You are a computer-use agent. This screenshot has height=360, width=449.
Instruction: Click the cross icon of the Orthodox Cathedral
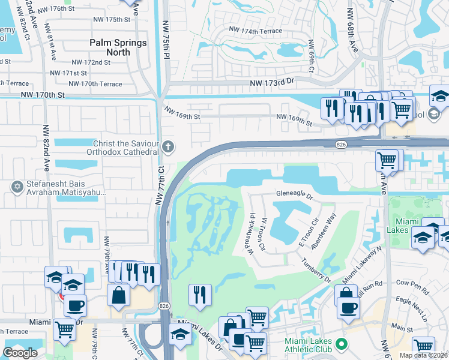169,146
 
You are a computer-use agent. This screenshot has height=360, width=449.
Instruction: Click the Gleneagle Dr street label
295,195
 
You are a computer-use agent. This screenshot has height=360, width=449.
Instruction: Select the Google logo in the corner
20,353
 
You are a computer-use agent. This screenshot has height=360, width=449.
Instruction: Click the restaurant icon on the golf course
199,295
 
